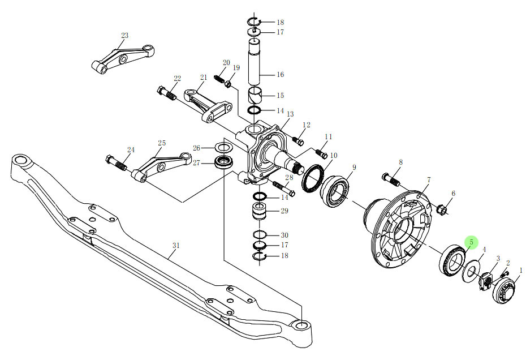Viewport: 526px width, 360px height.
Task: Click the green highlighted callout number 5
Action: click(x=471, y=242)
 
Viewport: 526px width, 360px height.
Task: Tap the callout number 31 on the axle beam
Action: click(x=176, y=245)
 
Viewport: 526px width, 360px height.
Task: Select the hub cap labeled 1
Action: click(x=502, y=290)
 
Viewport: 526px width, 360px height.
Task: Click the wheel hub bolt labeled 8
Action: click(x=393, y=179)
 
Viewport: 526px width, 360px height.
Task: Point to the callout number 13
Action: click(x=290, y=114)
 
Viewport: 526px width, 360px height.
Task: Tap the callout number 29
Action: click(x=284, y=211)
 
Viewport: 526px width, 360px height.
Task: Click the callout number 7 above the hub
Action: click(x=428, y=180)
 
